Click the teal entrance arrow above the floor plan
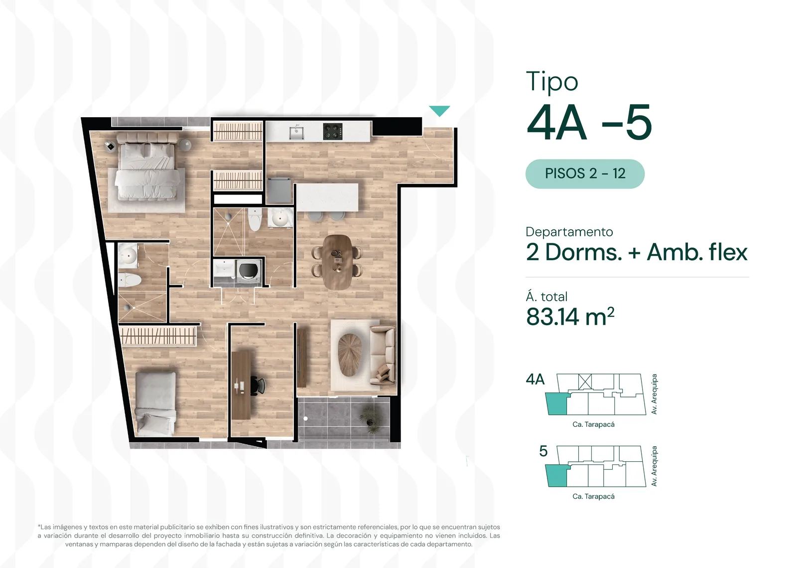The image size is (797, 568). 439,110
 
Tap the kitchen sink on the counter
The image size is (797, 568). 296,133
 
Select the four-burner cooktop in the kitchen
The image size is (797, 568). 333,132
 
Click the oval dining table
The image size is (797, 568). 337,261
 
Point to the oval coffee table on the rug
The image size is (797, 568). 350,355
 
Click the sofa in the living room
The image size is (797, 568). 383,356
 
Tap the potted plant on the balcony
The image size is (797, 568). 369,419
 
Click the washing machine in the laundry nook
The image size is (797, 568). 249,271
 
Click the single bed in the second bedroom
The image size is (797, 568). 155,404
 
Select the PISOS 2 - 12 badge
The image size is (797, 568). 585,174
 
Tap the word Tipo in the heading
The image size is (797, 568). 552,82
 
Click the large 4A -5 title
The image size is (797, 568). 589,123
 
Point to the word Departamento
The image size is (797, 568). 569,232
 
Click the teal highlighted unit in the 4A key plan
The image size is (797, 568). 556,404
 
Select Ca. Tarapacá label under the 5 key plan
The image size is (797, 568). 593,496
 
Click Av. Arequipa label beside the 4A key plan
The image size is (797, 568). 654,394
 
